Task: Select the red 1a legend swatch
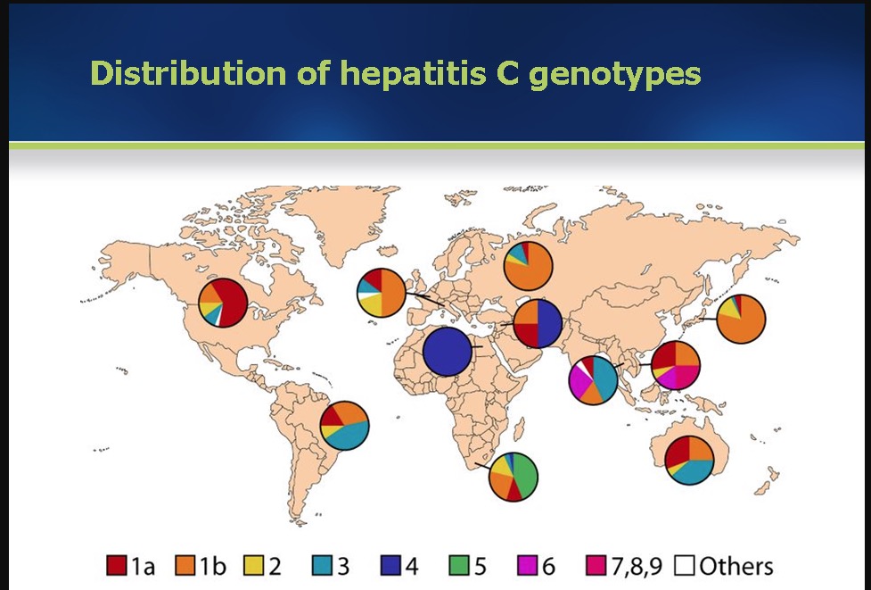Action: click(117, 565)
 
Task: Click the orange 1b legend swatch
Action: click(185, 565)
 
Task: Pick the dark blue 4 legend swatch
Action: click(390, 565)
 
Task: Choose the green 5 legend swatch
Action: click(459, 565)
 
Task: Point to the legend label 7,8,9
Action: click(637, 566)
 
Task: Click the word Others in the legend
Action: click(736, 566)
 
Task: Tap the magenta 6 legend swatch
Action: click(527, 565)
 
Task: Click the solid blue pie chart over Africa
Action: click(448, 352)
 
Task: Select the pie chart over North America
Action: click(223, 303)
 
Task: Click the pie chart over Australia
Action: click(689, 460)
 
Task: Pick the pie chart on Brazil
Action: click(344, 426)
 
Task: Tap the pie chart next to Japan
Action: click(741, 319)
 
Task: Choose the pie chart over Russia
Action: click(529, 266)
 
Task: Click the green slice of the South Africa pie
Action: click(525, 473)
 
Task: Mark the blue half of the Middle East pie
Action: click(549, 323)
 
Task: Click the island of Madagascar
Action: click(519, 428)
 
